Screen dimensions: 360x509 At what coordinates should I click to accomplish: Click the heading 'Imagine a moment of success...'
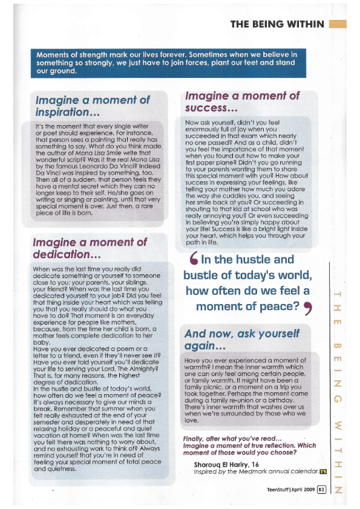(242, 102)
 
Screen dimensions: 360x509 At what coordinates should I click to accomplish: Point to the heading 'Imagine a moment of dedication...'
(90, 249)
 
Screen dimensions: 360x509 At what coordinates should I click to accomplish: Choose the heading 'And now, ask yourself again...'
(242, 340)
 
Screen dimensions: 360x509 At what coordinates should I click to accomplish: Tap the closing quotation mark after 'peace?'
(307, 308)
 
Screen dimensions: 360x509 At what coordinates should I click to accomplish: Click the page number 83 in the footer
(322, 489)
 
